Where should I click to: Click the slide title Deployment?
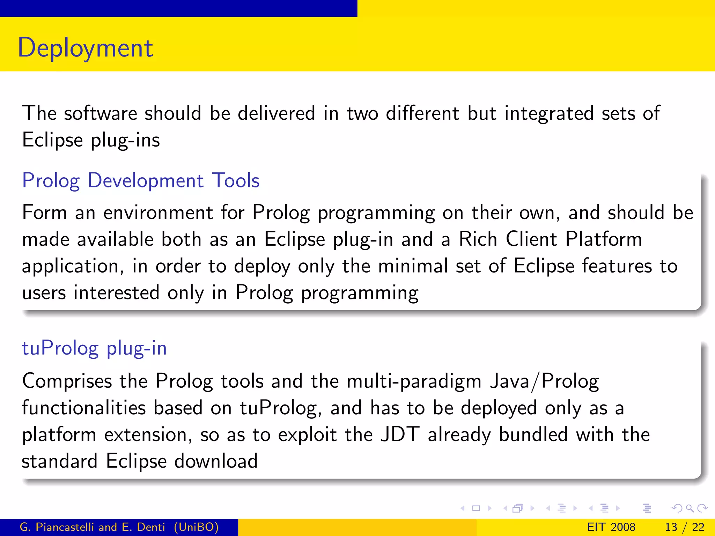[85, 48]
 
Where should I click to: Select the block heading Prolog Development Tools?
[141, 181]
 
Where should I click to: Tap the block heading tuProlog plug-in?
[94, 348]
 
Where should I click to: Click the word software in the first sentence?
[101, 113]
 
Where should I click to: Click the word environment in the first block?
[158, 213]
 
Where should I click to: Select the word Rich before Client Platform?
[478, 239]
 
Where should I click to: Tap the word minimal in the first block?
[413, 266]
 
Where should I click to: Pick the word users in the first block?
[44, 293]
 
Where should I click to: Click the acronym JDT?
[400, 435]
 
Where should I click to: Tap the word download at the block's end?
[216, 461]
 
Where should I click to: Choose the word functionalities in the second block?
[84, 408]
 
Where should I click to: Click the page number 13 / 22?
[685, 527]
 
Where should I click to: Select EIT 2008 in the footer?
[611, 527]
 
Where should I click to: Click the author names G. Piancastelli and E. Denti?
[92, 527]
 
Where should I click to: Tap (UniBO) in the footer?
[196, 527]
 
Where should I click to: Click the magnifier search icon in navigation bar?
[690, 508]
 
